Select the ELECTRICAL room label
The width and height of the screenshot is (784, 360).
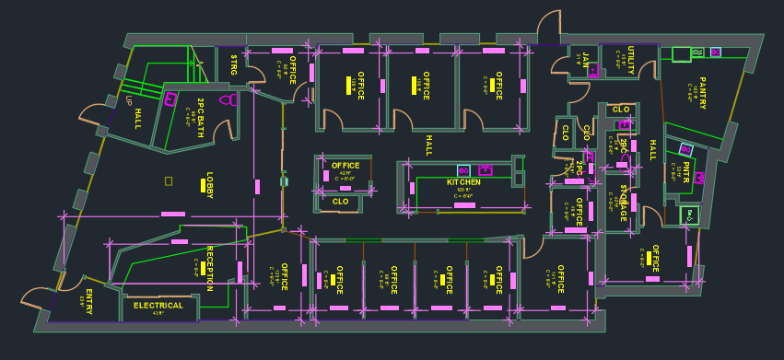158,305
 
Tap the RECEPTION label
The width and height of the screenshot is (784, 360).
210,269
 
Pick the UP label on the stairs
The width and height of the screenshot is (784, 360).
130,100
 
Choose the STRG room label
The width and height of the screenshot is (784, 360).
234,65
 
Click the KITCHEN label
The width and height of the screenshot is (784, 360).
464,182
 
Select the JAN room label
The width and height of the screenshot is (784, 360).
585,62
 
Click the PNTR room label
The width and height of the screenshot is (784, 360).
688,171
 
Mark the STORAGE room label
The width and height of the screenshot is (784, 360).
623,203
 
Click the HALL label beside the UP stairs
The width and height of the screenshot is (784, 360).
138,119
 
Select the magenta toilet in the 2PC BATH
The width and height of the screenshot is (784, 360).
227,99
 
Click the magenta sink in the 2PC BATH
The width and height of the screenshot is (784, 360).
170,99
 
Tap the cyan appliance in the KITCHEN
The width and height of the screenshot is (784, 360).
463,170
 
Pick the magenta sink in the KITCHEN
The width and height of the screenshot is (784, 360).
485,170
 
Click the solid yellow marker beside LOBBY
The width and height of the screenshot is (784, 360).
202,186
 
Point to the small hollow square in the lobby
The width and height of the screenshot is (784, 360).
169,180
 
